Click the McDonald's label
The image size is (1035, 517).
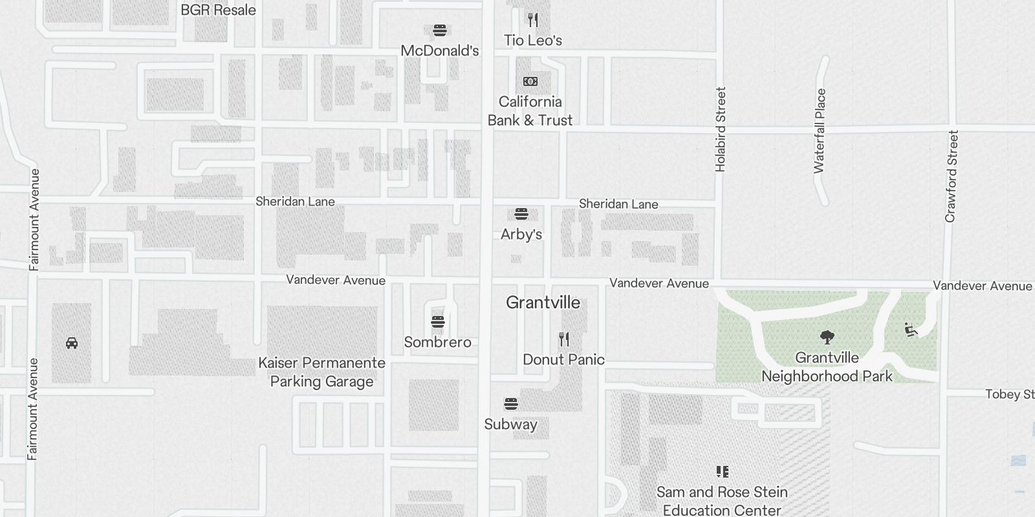coord(439,51)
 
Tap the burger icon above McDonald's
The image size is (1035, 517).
coord(440,30)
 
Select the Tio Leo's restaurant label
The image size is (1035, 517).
coord(533,41)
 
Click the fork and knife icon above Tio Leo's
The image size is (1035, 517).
coord(533,20)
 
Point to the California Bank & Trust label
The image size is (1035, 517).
coord(530,111)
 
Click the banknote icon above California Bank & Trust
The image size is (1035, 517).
coord(530,81)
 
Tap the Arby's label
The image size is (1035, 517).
coord(521,235)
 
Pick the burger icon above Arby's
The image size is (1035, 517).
coord(521,214)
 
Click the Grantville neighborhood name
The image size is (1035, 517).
coord(543,302)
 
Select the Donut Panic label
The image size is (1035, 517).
coord(563,360)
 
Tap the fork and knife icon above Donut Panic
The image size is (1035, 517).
coord(564,339)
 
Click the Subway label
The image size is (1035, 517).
coord(511,425)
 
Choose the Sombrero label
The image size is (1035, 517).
coord(438,343)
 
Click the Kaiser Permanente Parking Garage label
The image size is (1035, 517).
coord(321,372)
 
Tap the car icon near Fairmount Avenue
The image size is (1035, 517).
coord(72,343)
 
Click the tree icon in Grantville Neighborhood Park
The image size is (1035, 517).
coord(827,337)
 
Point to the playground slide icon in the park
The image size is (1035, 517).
coord(911,330)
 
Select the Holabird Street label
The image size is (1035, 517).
coord(721,129)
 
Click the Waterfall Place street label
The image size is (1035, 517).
coord(820,131)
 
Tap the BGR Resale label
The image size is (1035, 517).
coord(218,10)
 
